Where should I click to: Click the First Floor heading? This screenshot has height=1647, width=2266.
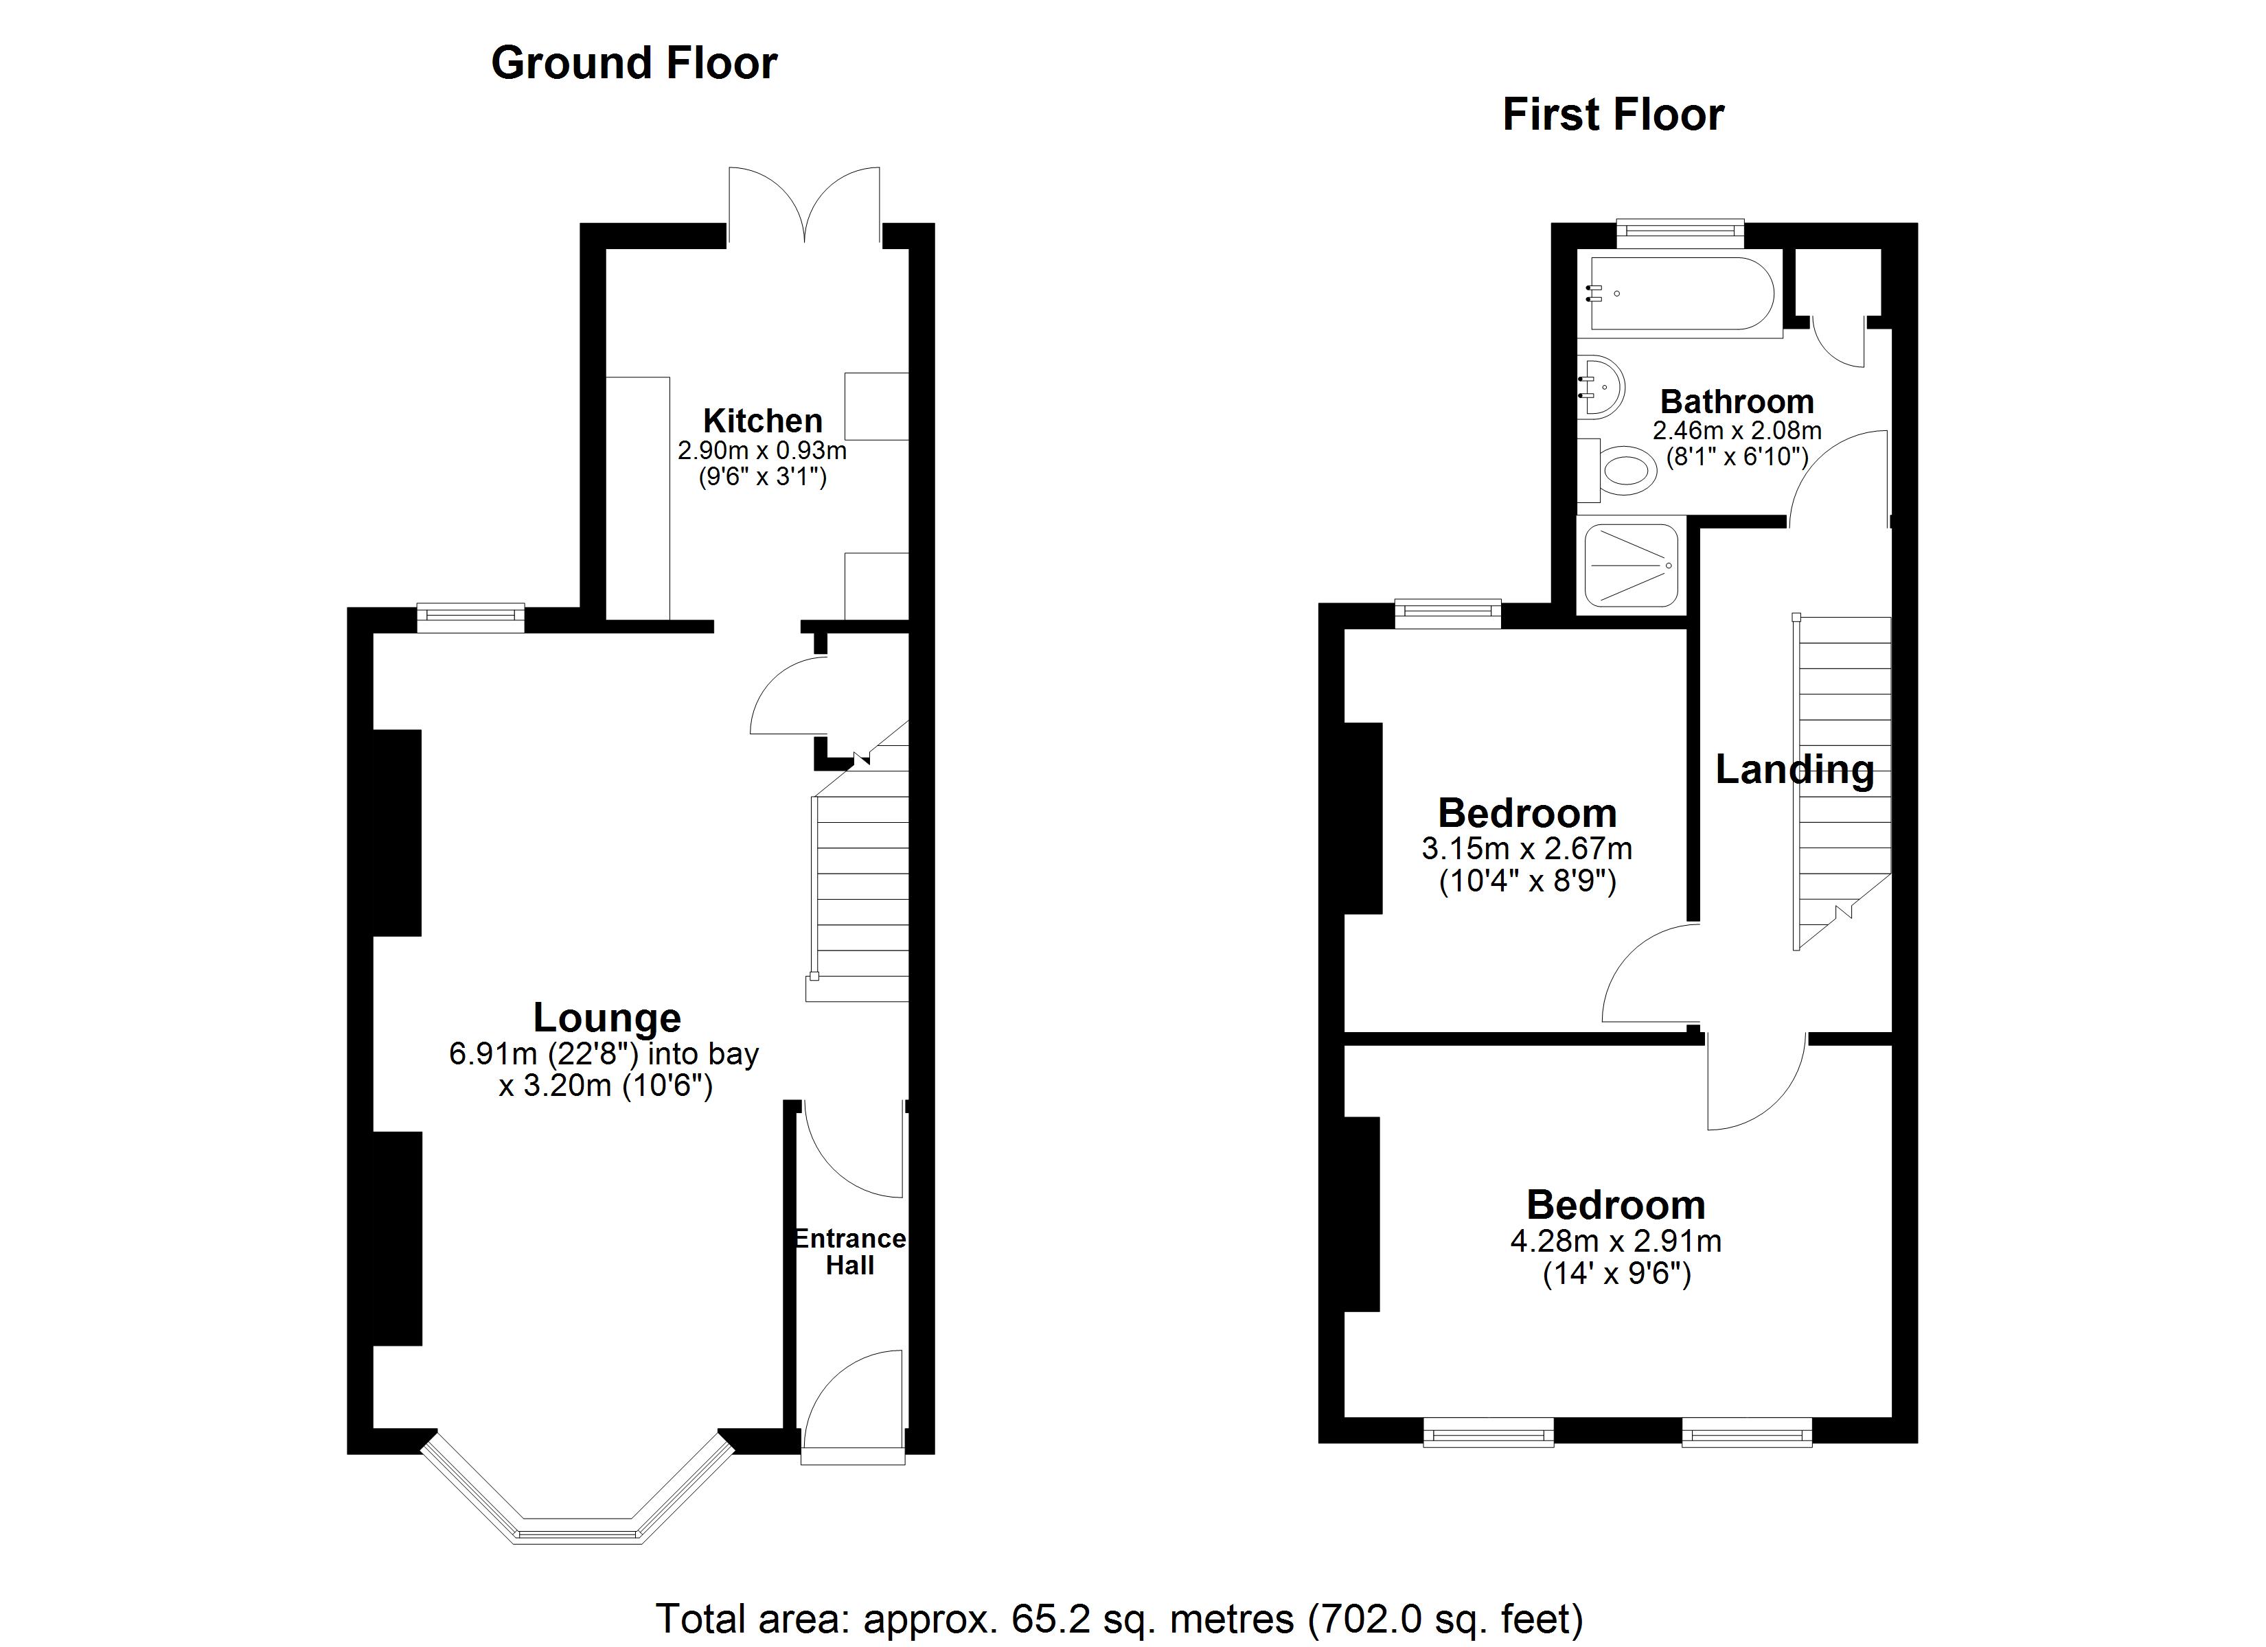pos(1612,115)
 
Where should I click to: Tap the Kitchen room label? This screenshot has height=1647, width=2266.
pos(762,421)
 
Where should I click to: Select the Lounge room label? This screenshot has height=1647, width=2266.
pos(606,1018)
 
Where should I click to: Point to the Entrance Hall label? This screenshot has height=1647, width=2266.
pos(849,1252)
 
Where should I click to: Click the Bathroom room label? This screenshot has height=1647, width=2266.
pos(1737,401)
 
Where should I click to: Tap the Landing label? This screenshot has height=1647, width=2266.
pos(1794,769)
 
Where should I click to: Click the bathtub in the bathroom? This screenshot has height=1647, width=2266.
pos(1682,294)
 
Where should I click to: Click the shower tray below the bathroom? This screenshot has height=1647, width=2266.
pos(1632,566)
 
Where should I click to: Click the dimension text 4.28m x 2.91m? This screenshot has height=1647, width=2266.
pos(1616,1241)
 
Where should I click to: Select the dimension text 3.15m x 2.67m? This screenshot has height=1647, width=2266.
pos(1526,849)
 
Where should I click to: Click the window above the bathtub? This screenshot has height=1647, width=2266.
pos(1680,233)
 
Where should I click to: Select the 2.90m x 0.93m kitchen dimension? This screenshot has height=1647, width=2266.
pos(762,450)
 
